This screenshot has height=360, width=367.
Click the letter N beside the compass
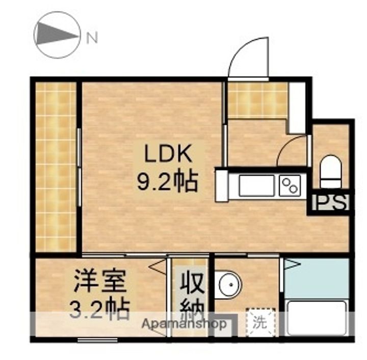(x=92, y=38)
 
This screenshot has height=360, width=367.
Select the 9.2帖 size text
(x=167, y=182)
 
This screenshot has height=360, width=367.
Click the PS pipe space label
(x=331, y=202)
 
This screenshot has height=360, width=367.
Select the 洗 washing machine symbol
(x=260, y=323)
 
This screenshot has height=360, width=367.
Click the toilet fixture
(x=330, y=172)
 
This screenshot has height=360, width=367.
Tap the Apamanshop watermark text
(x=185, y=324)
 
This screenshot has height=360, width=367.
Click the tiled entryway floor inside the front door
(x=257, y=100)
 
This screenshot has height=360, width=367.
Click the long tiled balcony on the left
(x=56, y=168)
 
